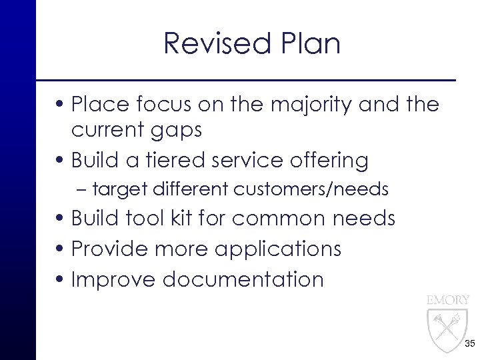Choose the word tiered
click(171, 160)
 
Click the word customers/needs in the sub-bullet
click(311, 189)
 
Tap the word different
click(191, 189)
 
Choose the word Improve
click(113, 279)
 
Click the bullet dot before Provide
click(61, 249)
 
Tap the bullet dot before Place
click(61, 105)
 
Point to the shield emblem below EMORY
click(447, 328)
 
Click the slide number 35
click(469, 343)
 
